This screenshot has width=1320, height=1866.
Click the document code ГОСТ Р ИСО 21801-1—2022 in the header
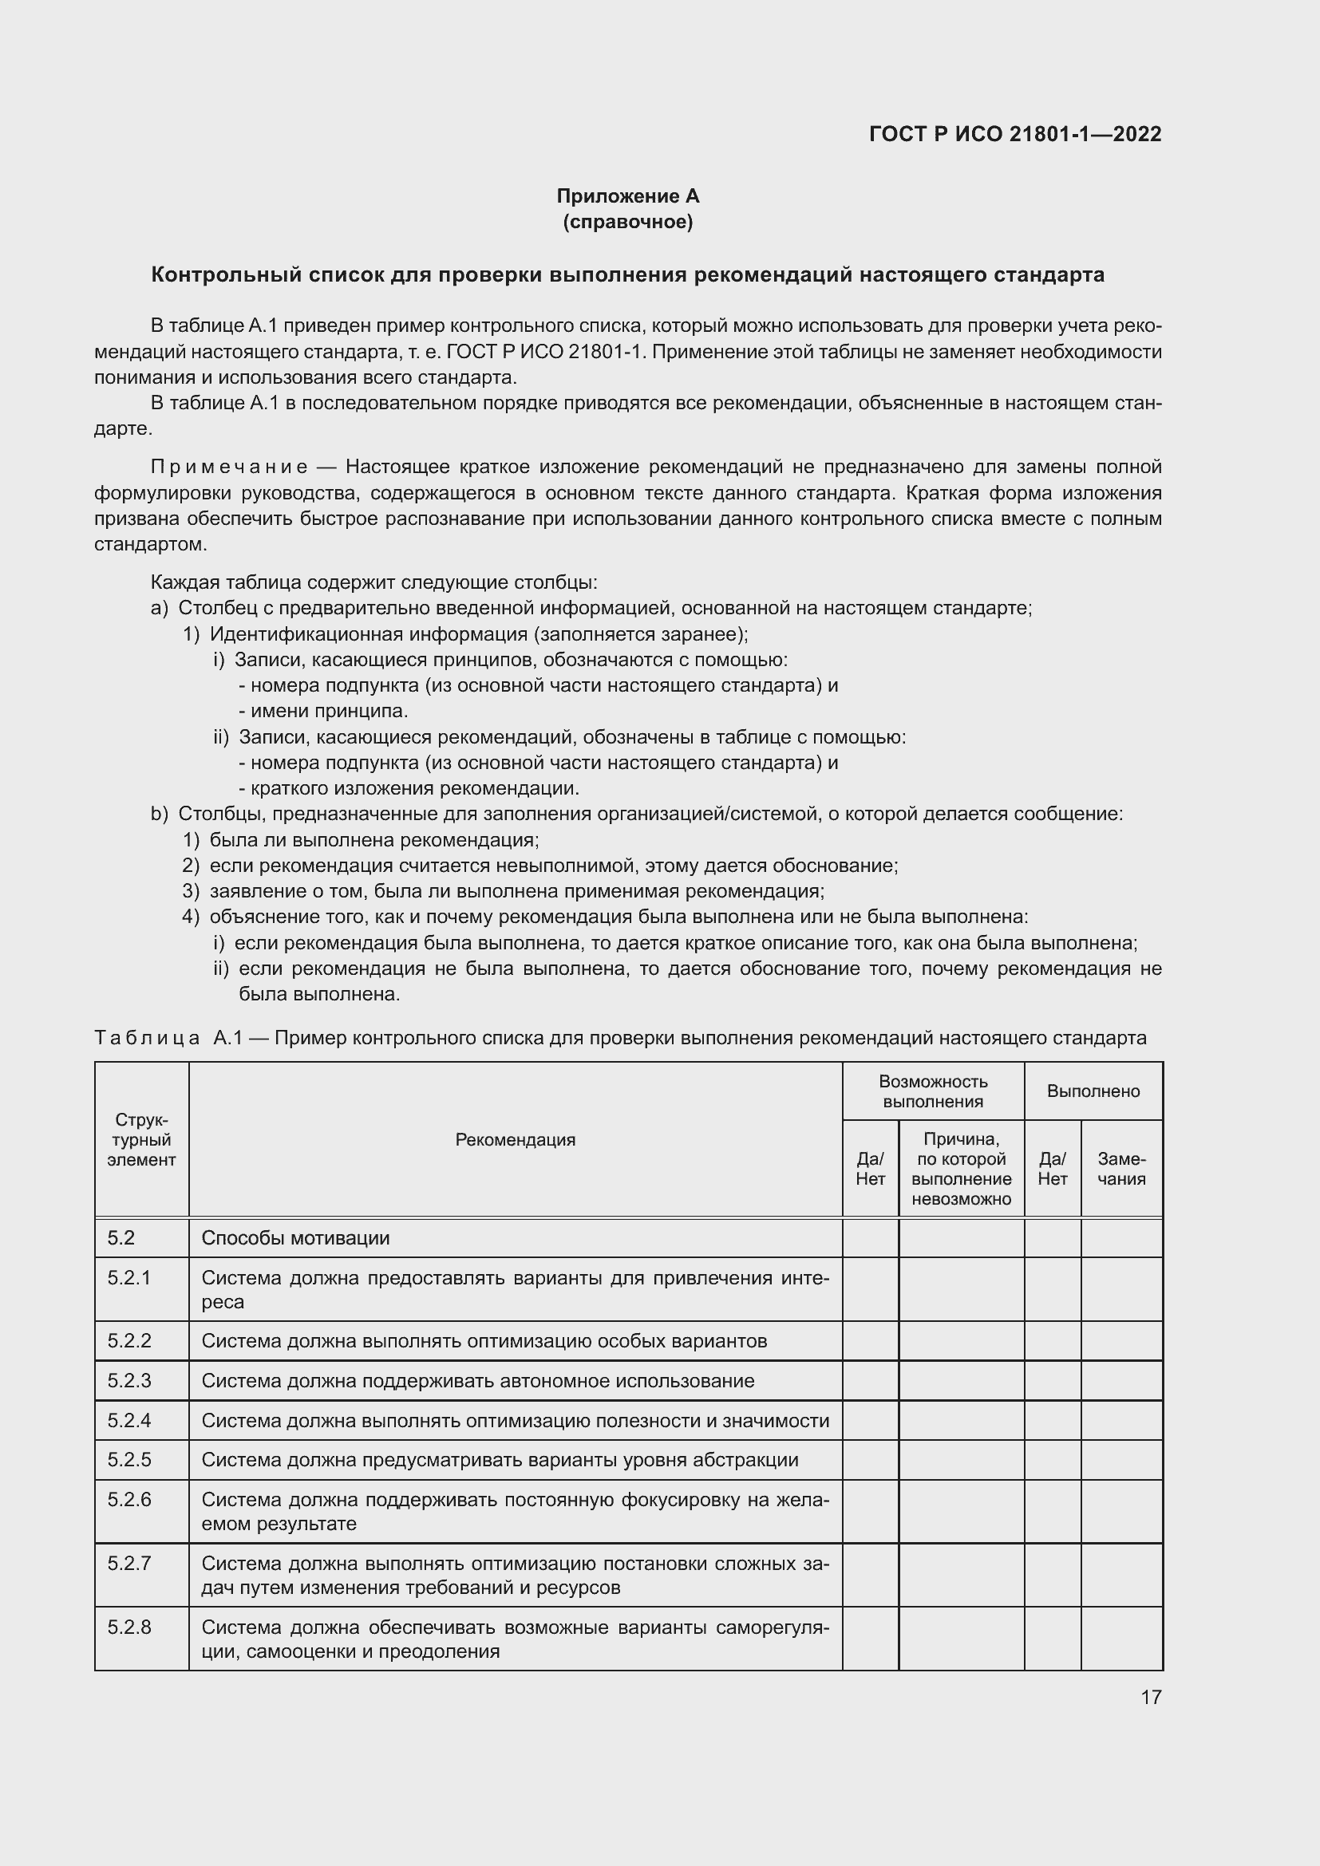1014,134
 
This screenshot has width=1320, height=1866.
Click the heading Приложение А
627,196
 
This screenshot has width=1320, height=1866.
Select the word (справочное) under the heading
627,222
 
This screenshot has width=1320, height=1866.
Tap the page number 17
1151,1697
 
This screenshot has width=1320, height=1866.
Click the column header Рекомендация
516,1139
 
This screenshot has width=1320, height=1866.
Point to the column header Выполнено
1093,1091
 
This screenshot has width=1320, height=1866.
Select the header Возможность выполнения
932,1091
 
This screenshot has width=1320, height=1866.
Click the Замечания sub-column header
1120,1169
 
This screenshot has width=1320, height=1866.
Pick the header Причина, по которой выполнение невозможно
961,1169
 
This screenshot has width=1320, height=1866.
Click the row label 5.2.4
129,1421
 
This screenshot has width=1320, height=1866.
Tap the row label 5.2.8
129,1627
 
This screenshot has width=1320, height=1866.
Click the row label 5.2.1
129,1277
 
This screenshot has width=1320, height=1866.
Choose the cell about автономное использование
478,1381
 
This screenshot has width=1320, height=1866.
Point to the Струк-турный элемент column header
141,1139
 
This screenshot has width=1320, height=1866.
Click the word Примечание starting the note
229,467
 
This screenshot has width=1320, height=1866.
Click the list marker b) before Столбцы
160,814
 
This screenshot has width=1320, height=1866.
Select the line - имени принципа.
323,711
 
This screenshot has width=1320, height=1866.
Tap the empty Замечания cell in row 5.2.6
1120,1511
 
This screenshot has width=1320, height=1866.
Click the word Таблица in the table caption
147,1038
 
